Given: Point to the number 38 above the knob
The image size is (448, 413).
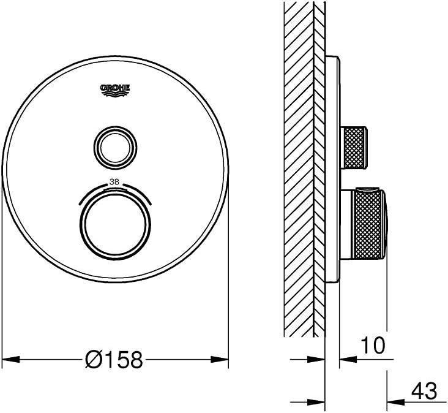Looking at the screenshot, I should click(x=114, y=182).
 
